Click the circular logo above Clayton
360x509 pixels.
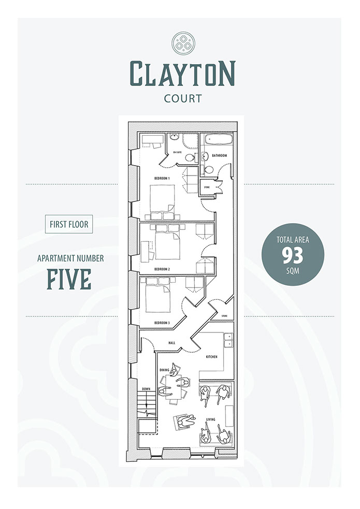[x=183, y=43]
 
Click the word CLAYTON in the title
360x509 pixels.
[x=182, y=74]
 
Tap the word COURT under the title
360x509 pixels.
[x=183, y=98]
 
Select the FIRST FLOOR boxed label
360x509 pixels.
[x=69, y=224]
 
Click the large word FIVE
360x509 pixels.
[x=69, y=279]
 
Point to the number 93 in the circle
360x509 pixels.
[x=293, y=255]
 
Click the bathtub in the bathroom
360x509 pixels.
[x=218, y=140]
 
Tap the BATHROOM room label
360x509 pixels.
[x=220, y=155]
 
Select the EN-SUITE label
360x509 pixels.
[x=177, y=152]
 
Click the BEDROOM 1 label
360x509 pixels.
[x=162, y=178]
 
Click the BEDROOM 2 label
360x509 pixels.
[x=162, y=269]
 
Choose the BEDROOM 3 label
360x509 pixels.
[x=162, y=323]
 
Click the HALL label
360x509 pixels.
[x=172, y=343]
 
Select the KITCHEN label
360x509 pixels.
[x=212, y=357]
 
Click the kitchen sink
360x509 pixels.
[x=228, y=340]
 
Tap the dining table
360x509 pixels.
[x=171, y=387]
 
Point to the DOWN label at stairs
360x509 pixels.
[x=146, y=389]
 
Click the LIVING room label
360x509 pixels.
[x=211, y=419]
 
